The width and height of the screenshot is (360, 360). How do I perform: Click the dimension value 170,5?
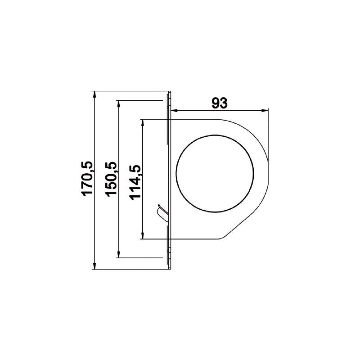pyautogui.click(x=87, y=178)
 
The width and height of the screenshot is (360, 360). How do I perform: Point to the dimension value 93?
pyautogui.click(x=219, y=103)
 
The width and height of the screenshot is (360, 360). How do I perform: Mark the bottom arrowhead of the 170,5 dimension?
pyautogui.click(x=94, y=266)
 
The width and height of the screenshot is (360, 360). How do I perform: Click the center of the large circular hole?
pyautogui.click(x=215, y=172)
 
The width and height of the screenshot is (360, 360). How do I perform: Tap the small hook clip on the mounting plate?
pyautogui.click(x=161, y=212)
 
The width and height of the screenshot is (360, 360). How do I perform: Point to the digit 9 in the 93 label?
pyautogui.click(x=215, y=103)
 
